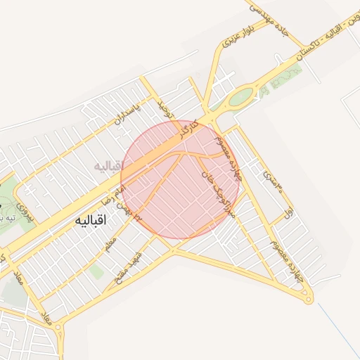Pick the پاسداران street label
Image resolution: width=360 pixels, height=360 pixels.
click(x=128, y=111)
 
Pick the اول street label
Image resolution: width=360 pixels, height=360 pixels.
click(x=287, y=211)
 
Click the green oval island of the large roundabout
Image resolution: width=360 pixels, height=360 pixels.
click(x=240, y=97)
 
